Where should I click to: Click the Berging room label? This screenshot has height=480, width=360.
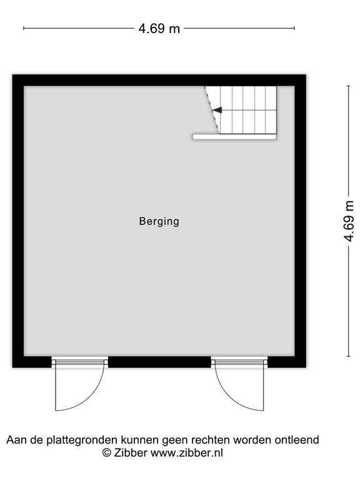pos(159,221)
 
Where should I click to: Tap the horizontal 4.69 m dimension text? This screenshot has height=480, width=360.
pos(159,28)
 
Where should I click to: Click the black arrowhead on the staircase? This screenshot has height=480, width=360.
pos(216,110)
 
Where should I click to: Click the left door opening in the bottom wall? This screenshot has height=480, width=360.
pos(79,361)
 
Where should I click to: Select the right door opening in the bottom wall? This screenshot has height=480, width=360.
pos(239,361)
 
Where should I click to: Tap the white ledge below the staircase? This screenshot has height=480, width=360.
pos(234,136)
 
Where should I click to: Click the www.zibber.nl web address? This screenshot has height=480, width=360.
pos(186,453)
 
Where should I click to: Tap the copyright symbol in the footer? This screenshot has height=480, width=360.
pos(107,453)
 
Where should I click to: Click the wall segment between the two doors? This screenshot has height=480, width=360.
pos(159,362)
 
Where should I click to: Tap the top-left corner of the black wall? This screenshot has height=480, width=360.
pos(17,80)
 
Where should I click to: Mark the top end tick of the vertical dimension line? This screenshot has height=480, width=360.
pos(349,86)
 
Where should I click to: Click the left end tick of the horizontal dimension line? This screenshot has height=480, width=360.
pos(24,28)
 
